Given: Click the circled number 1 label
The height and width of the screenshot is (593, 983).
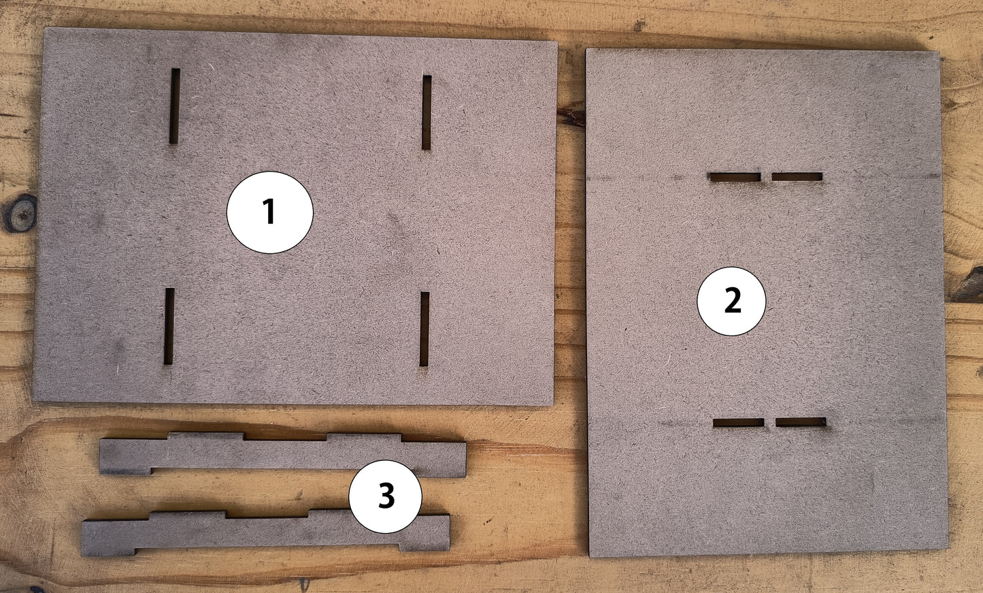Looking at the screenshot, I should [x=269, y=212].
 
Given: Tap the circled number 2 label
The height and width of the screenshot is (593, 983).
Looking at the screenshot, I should [x=731, y=301].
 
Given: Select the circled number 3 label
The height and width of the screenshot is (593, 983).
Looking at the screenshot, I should [x=385, y=496].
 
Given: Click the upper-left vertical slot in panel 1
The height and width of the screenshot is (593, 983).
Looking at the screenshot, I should [x=175, y=106].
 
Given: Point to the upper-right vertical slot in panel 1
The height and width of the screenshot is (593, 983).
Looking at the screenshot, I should [x=427, y=112].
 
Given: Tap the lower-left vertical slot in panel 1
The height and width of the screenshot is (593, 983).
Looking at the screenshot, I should [x=169, y=326].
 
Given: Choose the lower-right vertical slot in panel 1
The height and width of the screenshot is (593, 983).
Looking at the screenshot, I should [x=424, y=329].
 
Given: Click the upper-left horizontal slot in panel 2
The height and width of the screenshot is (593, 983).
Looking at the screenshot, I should [x=735, y=177].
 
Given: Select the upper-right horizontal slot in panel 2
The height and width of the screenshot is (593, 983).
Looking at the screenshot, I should [x=797, y=177].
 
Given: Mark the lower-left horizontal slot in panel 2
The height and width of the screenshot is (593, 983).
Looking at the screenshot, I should [x=738, y=423].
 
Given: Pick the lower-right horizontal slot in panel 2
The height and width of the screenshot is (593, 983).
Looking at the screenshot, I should [x=801, y=422].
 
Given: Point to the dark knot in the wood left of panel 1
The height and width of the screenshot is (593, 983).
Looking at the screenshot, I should [x=20, y=212].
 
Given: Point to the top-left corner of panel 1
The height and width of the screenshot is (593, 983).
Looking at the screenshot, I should [x=46, y=30].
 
